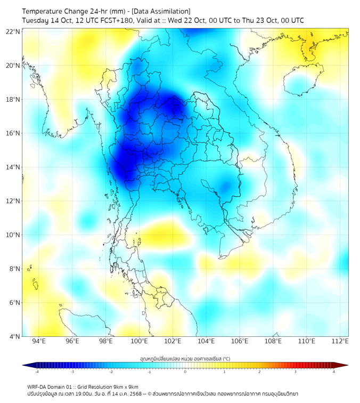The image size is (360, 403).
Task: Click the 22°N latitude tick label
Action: (13, 31)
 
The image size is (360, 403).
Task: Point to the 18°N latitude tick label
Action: (13, 99)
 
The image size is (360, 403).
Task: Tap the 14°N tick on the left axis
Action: (13, 167)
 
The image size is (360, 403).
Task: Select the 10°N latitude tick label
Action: (13, 235)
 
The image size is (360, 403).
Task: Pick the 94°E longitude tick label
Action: (39, 342)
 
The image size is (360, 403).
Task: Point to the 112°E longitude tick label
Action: (340, 342)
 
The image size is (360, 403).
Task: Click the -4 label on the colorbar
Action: (37, 372)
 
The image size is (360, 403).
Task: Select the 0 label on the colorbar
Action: (185, 372)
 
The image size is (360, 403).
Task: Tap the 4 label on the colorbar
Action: (334, 372)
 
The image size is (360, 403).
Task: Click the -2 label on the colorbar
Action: (111, 372)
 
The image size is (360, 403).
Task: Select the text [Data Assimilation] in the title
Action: (160, 11)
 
